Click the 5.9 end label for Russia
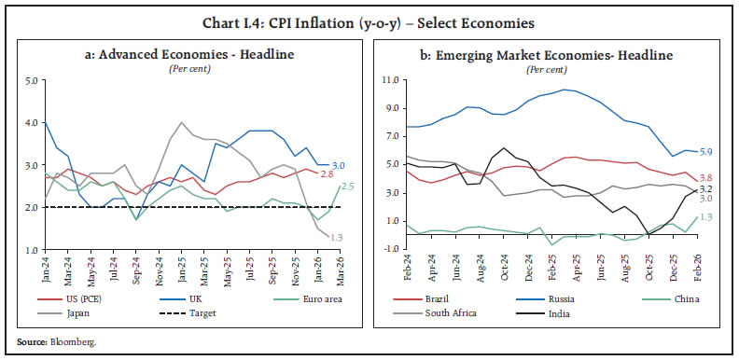(706, 152)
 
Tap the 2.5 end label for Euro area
(346, 187)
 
